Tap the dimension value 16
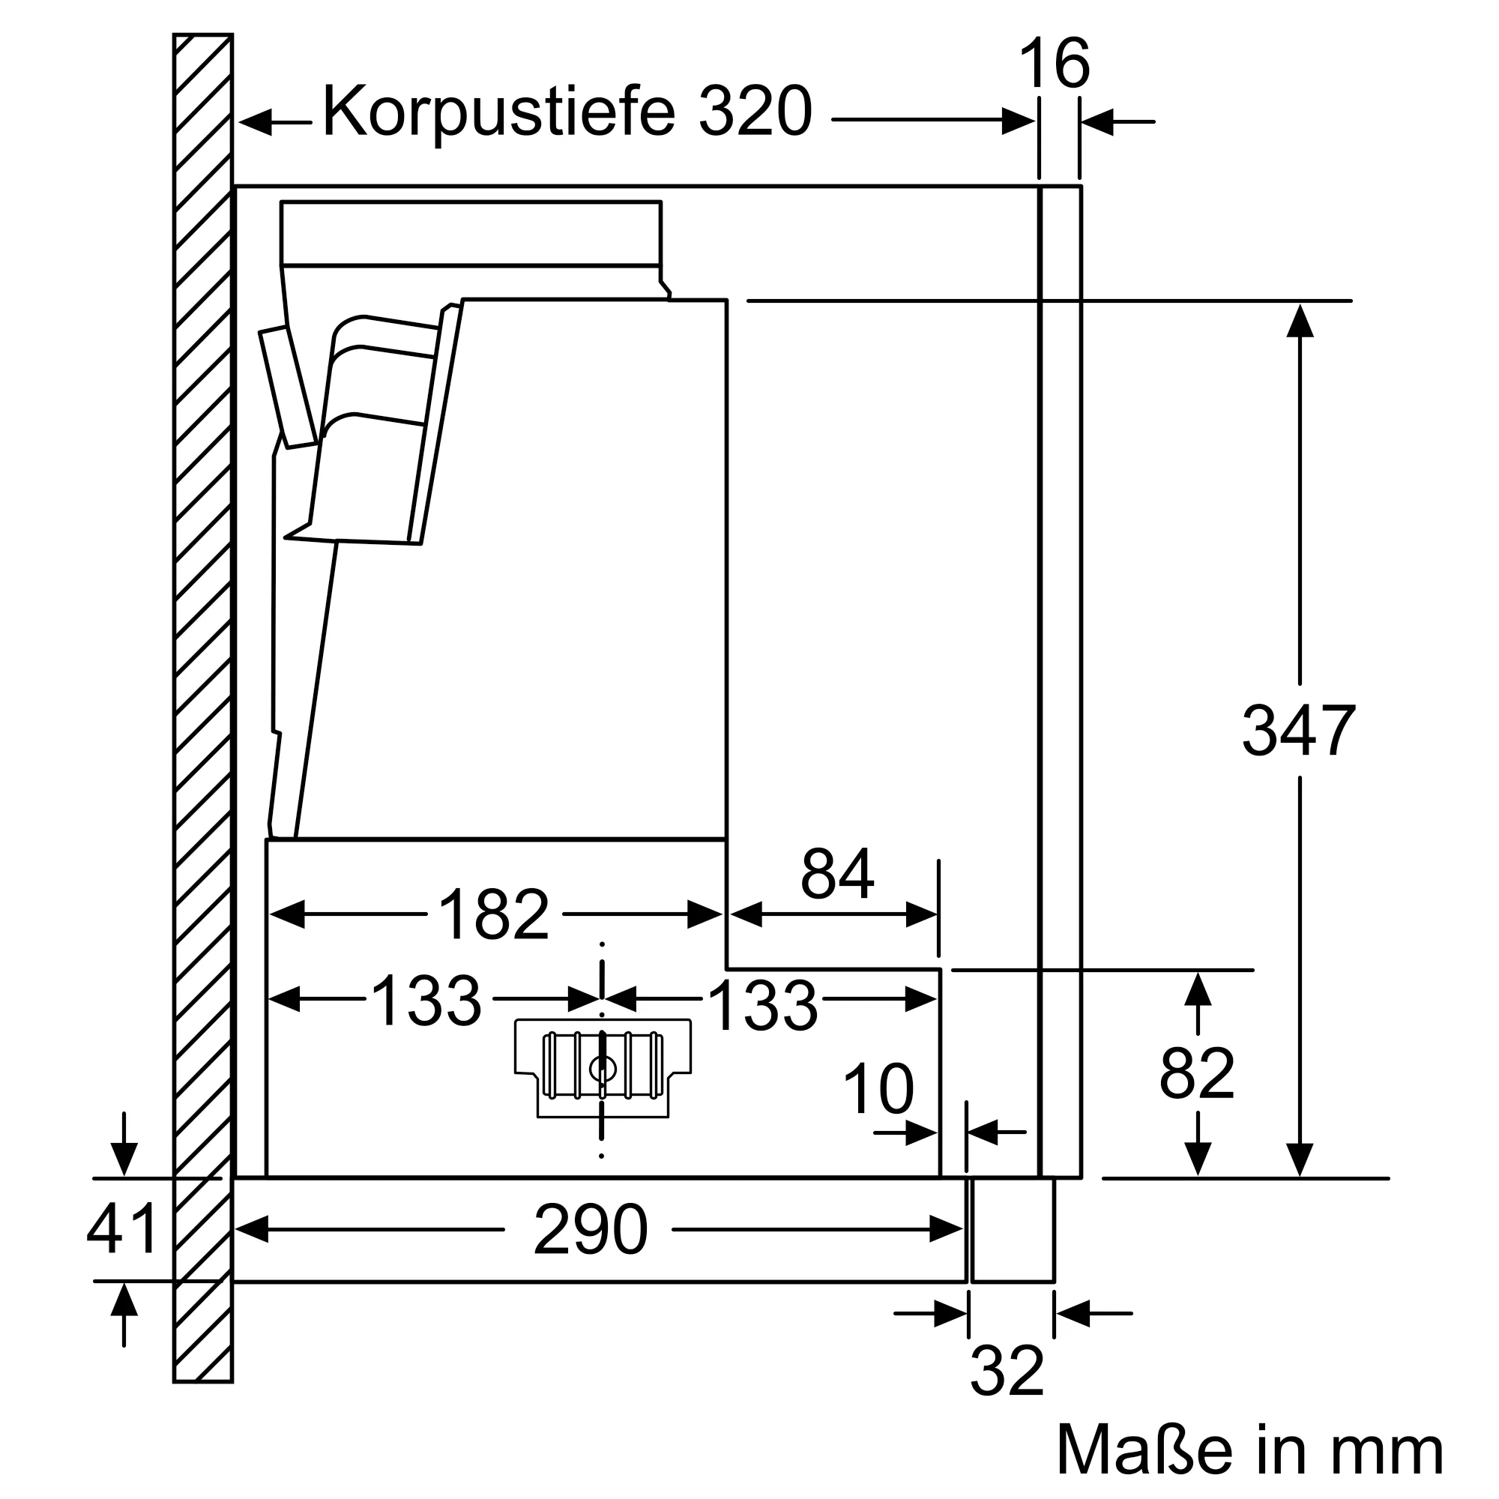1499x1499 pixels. click(x=1055, y=64)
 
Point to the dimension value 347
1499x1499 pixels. click(x=1299, y=731)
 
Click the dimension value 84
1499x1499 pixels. click(x=837, y=875)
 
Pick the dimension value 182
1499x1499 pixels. click(x=494, y=914)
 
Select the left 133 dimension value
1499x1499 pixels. click(x=426, y=1001)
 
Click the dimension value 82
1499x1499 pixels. click(x=1196, y=1074)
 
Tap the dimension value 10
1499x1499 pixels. click(x=878, y=1089)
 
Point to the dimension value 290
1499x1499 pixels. click(x=591, y=1230)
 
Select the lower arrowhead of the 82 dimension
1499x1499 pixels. click(x=1198, y=1159)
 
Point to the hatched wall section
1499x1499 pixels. click(x=202, y=699)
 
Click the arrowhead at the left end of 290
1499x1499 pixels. click(x=251, y=1229)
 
